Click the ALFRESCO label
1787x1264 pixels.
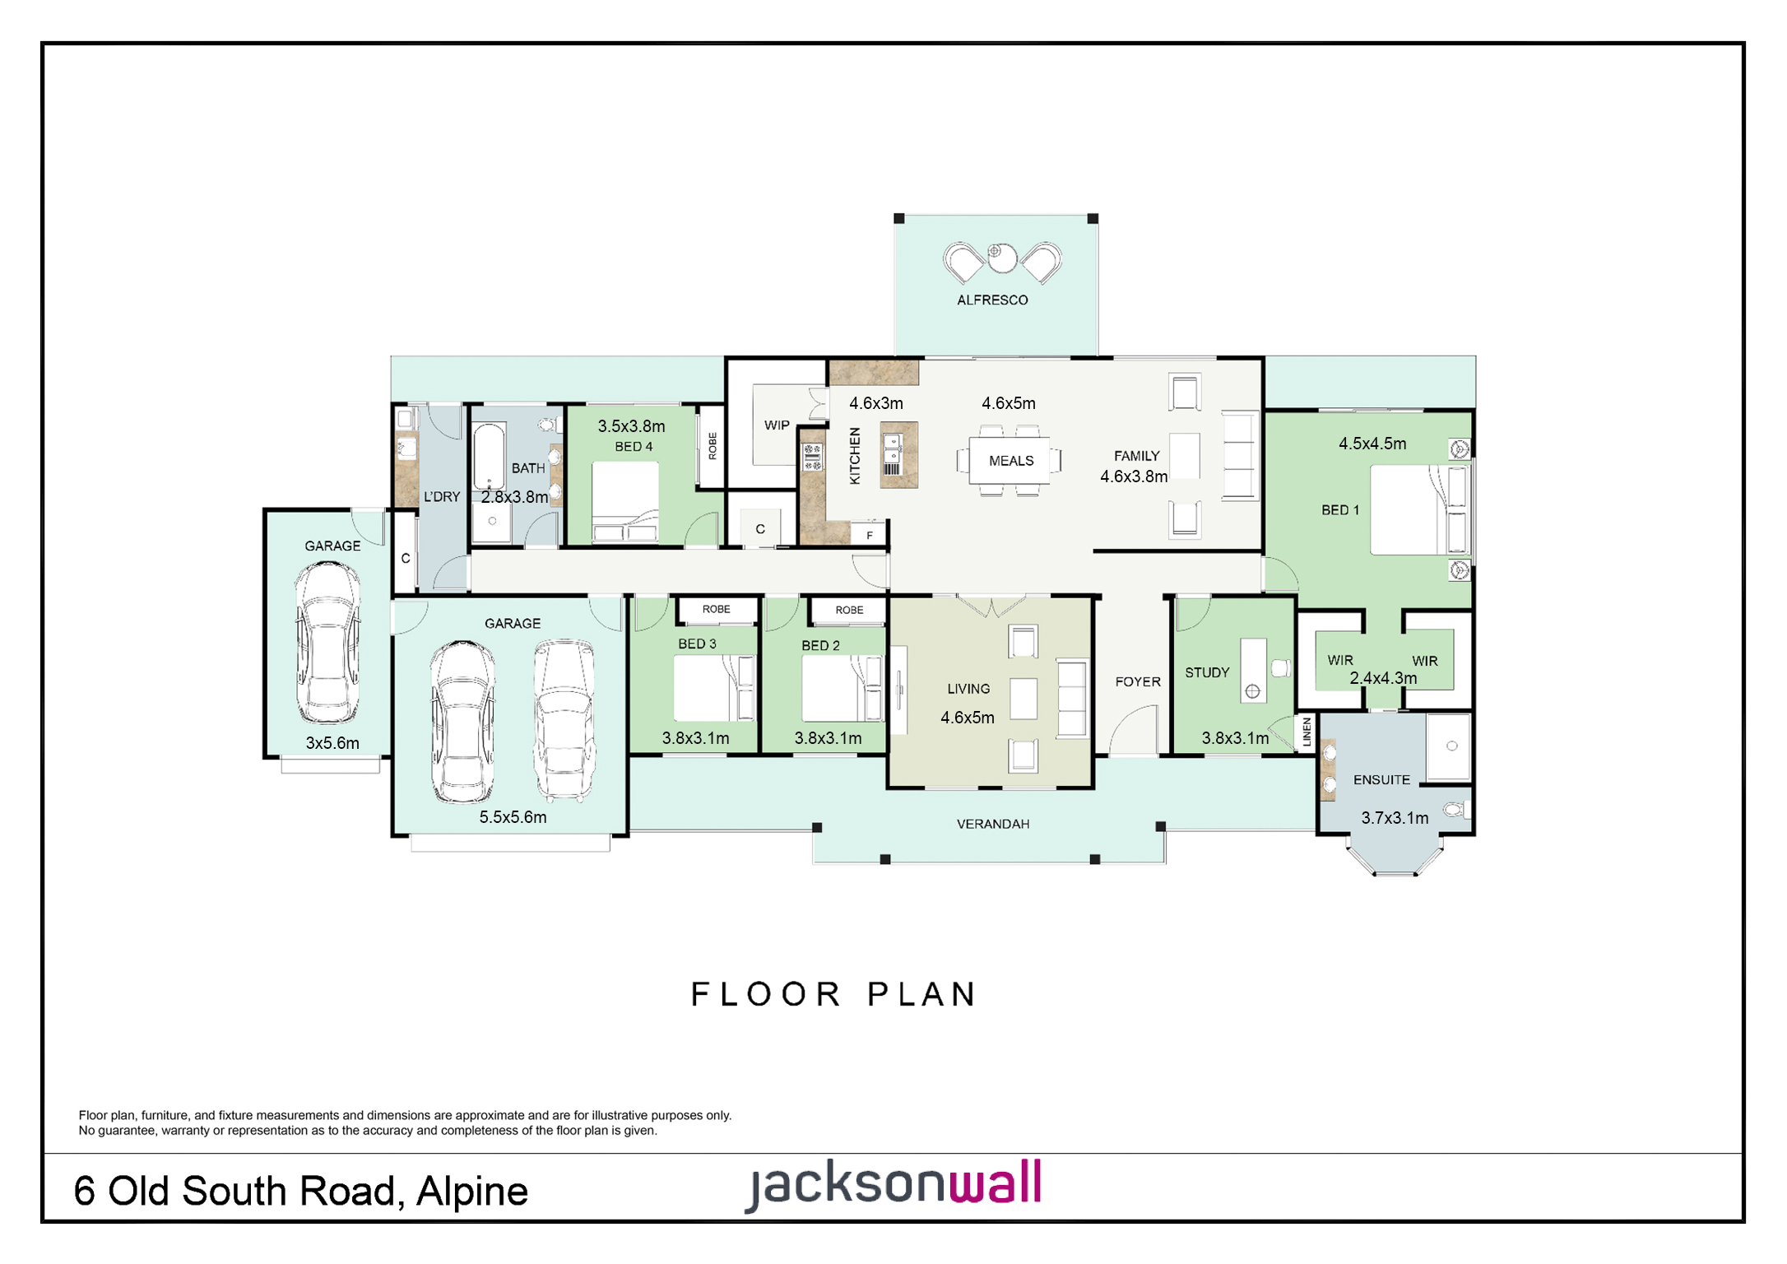click(992, 300)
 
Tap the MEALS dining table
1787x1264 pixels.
click(1010, 460)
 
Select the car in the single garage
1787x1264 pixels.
click(327, 642)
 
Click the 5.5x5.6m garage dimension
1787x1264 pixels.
click(513, 817)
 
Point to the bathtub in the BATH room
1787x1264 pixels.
click(489, 457)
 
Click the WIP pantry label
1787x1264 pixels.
click(777, 425)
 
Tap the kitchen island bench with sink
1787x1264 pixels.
click(898, 455)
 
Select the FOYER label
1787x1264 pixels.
click(1138, 681)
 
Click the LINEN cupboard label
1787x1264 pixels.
click(1307, 732)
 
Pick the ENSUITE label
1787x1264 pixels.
click(1381, 780)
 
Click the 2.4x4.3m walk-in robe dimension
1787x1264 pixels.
click(1383, 678)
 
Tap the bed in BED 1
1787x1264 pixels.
click(1420, 509)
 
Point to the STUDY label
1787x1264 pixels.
click(1207, 672)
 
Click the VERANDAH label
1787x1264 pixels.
click(993, 824)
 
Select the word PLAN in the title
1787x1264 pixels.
click(921, 994)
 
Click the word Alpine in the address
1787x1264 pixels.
click(472, 1192)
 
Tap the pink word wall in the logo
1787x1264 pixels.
click(996, 1182)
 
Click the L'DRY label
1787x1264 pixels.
click(442, 497)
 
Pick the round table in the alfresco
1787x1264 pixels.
click(1001, 258)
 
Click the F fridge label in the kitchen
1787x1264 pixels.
click(869, 535)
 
